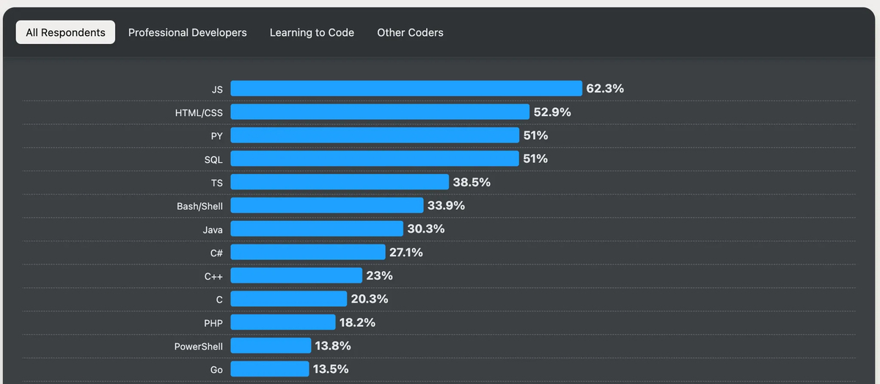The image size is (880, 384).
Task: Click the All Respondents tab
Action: click(x=65, y=32)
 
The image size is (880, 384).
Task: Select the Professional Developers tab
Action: click(x=187, y=32)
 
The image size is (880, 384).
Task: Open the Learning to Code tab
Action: click(x=312, y=32)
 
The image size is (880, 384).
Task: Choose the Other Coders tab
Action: click(x=410, y=32)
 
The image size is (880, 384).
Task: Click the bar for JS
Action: click(x=406, y=89)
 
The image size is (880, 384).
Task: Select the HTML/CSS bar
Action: click(x=380, y=112)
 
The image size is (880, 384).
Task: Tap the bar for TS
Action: click(x=340, y=182)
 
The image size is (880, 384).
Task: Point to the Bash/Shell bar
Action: click(x=327, y=206)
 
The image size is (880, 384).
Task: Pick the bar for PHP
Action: click(x=283, y=322)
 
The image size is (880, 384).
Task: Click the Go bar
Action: click(x=270, y=369)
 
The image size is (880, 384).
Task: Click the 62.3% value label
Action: click(x=605, y=89)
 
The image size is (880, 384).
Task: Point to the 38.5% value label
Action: click(x=472, y=182)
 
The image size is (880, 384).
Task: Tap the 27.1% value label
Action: click(x=406, y=253)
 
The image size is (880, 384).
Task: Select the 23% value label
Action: click(x=379, y=276)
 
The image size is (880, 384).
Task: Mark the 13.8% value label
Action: click(x=333, y=346)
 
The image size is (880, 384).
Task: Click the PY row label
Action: click(x=216, y=136)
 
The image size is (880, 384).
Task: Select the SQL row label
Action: click(x=213, y=159)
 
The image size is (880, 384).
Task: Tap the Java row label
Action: click(x=213, y=230)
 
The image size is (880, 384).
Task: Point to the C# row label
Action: click(x=216, y=253)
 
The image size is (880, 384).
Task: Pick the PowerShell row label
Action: click(x=198, y=347)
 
